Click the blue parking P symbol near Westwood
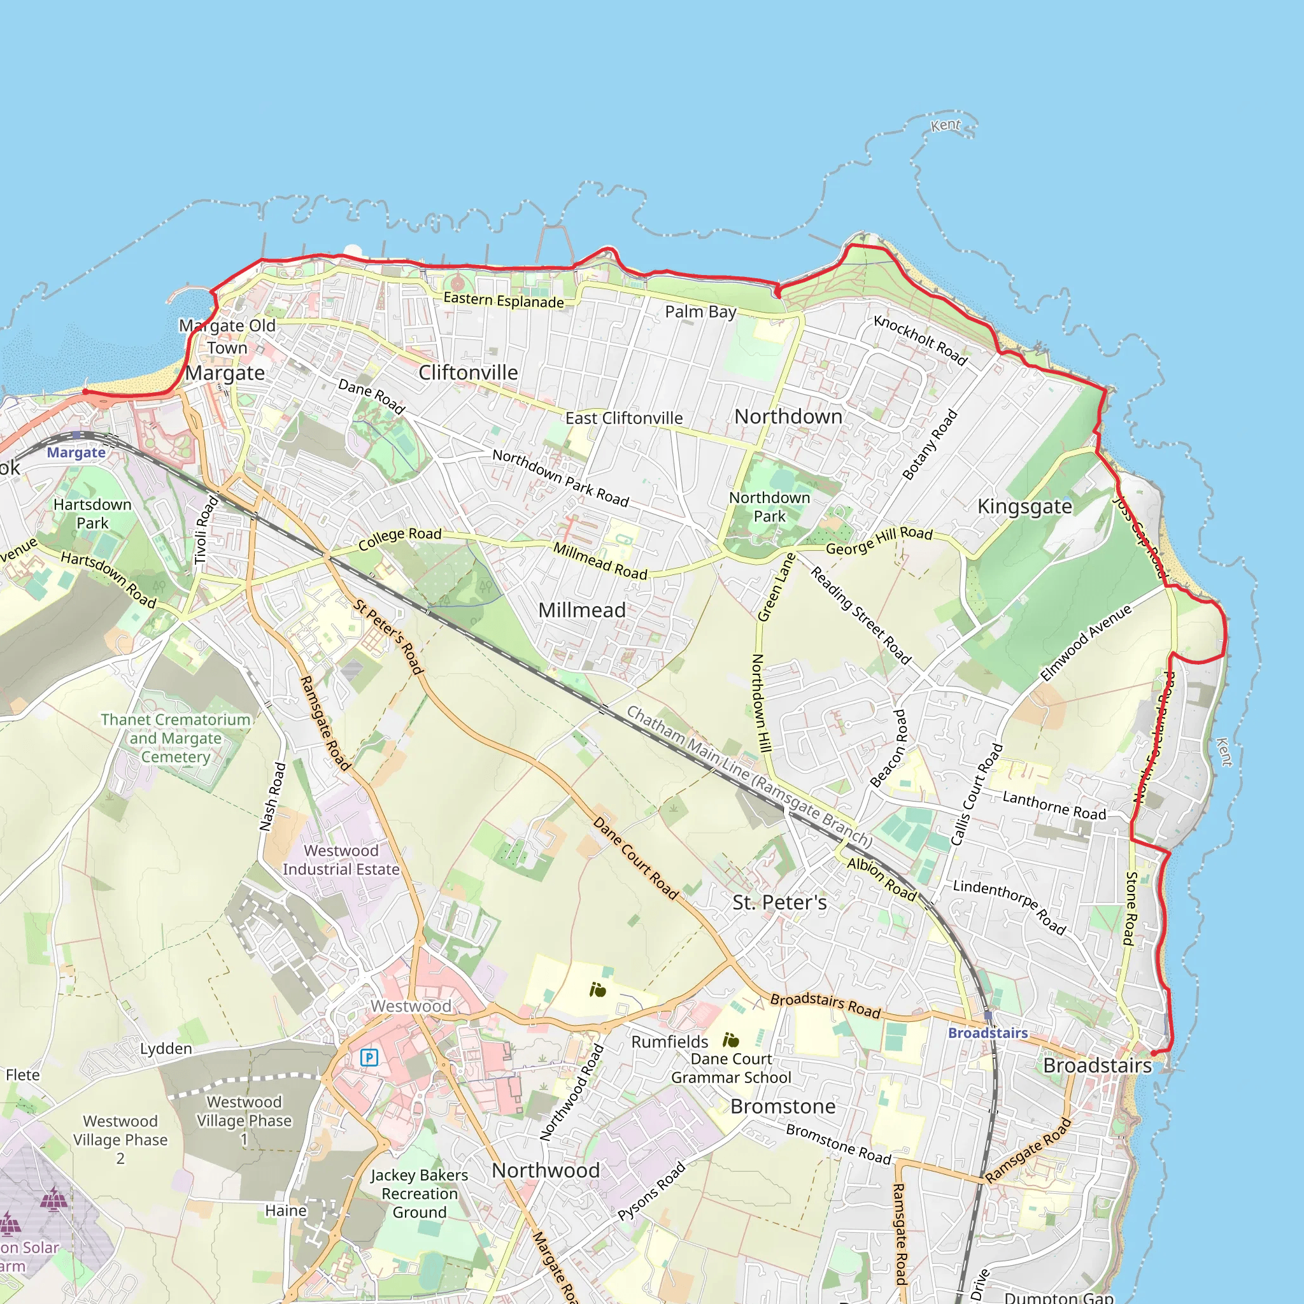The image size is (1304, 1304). coord(369,1057)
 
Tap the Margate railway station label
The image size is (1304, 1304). coord(76,452)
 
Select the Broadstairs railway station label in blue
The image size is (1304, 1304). coord(988,1033)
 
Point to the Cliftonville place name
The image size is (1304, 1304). coord(468,372)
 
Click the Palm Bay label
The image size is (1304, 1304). coord(700,312)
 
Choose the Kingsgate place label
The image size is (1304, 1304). coord(1024,506)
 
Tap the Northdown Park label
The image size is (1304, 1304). coord(769,507)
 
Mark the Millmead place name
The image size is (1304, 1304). coord(581,610)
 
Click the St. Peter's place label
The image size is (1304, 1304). coord(779,902)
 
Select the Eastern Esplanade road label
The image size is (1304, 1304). coord(504,301)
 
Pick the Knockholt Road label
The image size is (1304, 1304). coord(920,339)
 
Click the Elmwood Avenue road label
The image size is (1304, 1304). coord(1086,642)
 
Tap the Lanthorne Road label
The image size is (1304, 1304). coord(1054,806)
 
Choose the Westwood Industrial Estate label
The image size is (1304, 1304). coord(341,860)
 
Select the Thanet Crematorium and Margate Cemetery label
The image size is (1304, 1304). coord(176,738)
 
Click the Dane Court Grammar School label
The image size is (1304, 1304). coord(731,1068)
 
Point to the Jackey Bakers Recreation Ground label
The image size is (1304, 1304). coord(419,1193)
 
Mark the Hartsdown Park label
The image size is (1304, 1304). coord(92,514)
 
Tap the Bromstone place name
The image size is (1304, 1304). coord(783,1106)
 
